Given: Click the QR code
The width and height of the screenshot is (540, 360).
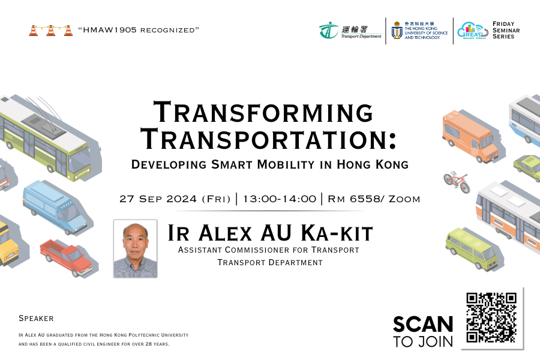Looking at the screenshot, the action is tap(491, 317).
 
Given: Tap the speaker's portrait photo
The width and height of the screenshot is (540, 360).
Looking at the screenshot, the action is tap(136, 248).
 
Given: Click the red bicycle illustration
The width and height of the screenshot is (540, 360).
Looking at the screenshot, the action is tap(457, 181).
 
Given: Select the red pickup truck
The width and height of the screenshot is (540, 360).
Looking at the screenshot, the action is tap(66, 257).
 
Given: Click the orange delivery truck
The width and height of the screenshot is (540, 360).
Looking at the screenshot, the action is tap(470, 136).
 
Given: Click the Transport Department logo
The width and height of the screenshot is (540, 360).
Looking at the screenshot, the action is tap(350, 31).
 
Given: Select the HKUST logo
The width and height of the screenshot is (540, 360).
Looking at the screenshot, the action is tap(419, 31).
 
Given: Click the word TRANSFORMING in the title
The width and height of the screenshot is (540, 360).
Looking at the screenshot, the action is tap(263, 112).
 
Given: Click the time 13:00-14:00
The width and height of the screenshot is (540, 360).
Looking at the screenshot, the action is tap(279, 199).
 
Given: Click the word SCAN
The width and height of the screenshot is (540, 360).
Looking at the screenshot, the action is tap(423, 324).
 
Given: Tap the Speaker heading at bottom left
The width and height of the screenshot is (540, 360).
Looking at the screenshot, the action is tap(36, 319).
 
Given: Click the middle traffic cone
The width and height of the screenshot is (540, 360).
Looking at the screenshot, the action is tap(50, 31).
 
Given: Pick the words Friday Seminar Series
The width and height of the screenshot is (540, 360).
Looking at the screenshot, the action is tap(506, 30).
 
